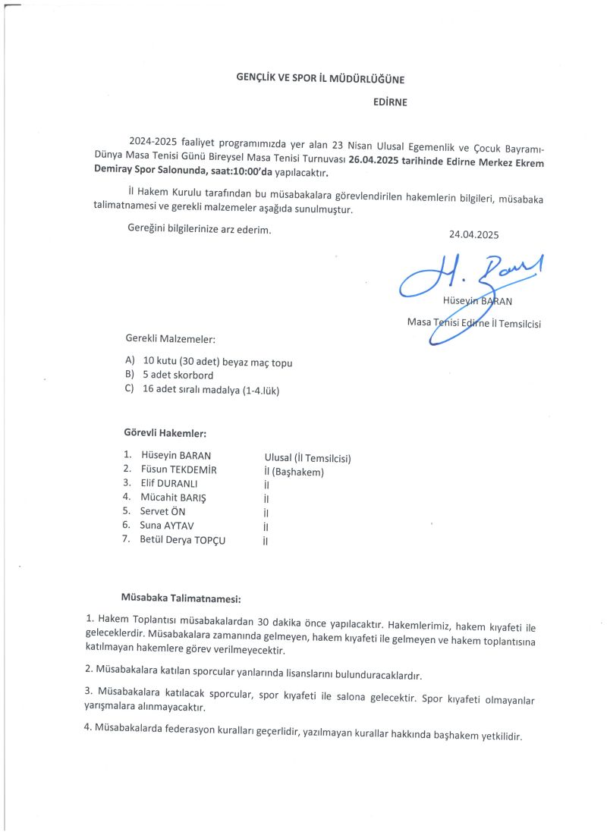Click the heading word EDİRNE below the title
390,102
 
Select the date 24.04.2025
473,235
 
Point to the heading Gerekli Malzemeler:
165,338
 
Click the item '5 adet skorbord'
178,375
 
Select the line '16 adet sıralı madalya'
205,390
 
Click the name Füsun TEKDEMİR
179,469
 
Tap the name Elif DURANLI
169,483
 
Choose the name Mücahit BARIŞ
173,498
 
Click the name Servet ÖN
163,512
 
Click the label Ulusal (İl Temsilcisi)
307,458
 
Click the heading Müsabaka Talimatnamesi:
181,598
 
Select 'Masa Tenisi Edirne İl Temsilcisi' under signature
479,322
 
